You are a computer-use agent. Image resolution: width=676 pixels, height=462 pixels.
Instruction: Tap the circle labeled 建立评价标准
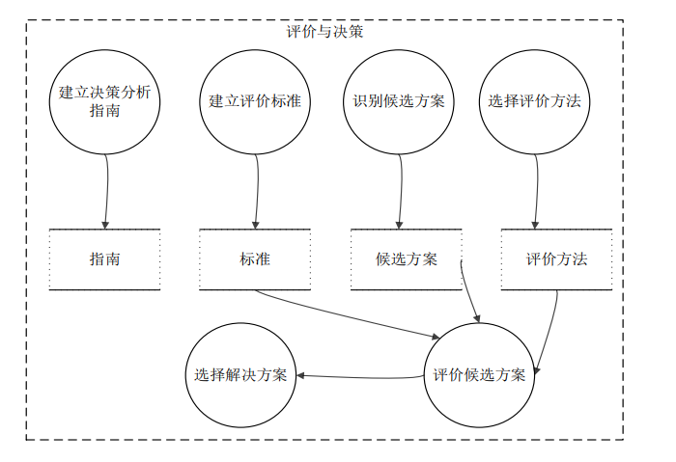[x=256, y=101]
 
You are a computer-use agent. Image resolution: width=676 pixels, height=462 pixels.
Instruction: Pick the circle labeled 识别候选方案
[x=399, y=101]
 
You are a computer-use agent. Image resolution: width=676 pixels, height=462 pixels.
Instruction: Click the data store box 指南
[x=104, y=259]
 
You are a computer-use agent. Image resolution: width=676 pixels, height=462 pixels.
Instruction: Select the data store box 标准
[x=255, y=259]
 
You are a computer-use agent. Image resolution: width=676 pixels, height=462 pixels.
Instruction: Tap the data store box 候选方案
[x=406, y=259]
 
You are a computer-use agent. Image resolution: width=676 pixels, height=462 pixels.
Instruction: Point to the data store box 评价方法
[x=556, y=259]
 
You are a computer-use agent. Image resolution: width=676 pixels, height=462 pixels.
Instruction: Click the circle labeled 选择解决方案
[x=240, y=375]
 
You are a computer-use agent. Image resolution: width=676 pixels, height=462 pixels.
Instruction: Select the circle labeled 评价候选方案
[x=479, y=375]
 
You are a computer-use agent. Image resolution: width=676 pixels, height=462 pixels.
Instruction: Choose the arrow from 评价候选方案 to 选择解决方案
[x=362, y=376]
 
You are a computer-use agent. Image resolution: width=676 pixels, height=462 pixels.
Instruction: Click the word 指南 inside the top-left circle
[x=104, y=111]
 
